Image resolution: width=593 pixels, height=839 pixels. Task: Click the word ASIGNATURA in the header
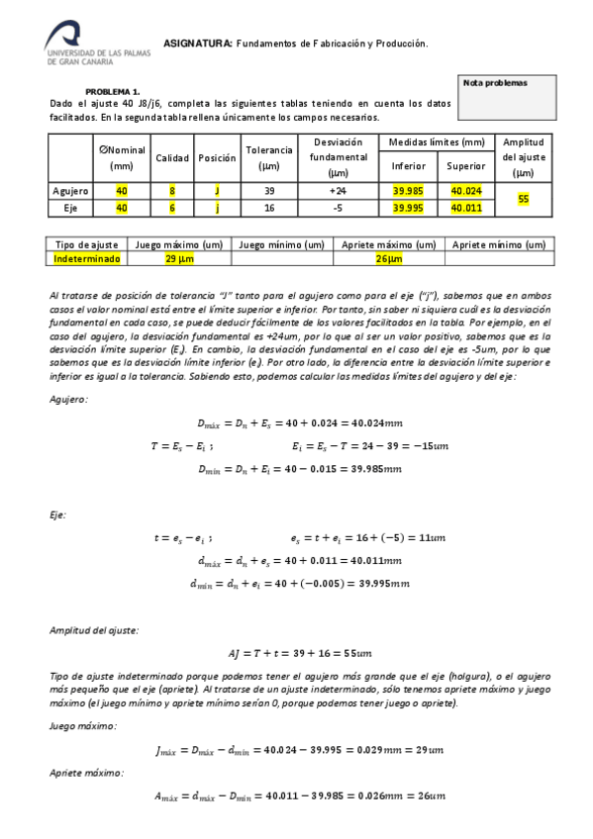click(x=197, y=44)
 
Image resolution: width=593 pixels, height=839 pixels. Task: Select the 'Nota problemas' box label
click(x=496, y=83)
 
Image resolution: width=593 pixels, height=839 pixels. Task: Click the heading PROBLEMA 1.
click(x=113, y=90)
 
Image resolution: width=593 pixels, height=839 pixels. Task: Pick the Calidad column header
click(x=171, y=158)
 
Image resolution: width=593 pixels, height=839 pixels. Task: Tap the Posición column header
click(x=217, y=158)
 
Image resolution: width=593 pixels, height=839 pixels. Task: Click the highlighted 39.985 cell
click(x=408, y=190)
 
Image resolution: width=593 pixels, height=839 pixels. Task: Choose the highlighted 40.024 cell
click(x=464, y=190)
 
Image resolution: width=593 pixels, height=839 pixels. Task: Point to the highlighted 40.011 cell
click(x=464, y=208)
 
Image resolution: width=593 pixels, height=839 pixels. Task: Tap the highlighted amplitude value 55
click(x=523, y=199)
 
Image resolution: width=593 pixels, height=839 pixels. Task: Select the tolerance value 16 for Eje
click(x=269, y=208)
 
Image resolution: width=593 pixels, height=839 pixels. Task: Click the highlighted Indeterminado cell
click(x=87, y=258)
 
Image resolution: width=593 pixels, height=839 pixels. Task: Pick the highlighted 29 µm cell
click(x=177, y=258)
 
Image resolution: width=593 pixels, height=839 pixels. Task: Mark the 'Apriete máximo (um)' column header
click(x=388, y=244)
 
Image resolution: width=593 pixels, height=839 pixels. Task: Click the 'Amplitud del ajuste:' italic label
click(x=94, y=630)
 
